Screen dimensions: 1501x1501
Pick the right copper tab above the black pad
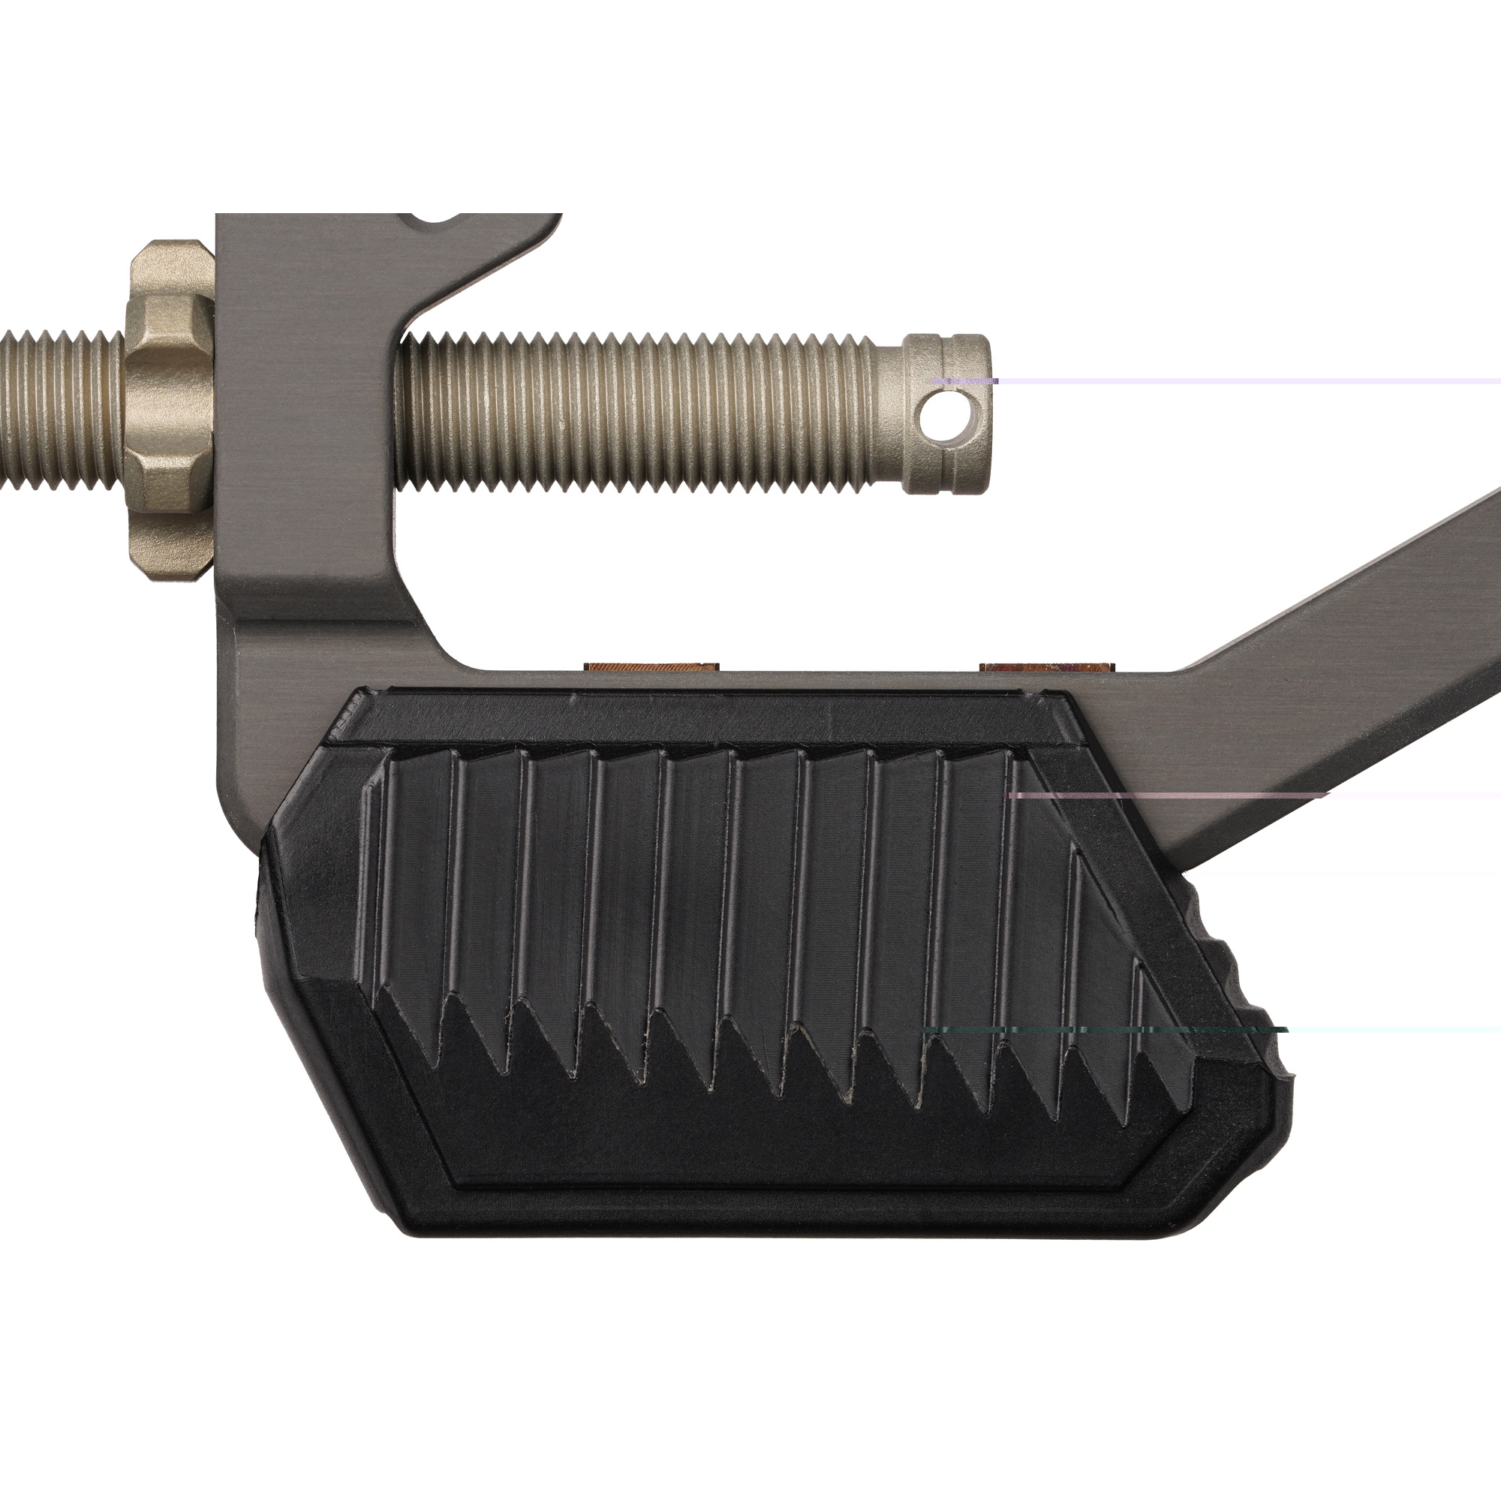(1046, 666)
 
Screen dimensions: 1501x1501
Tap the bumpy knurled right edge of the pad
(1243, 979)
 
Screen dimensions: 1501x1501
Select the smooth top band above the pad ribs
(699, 719)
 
